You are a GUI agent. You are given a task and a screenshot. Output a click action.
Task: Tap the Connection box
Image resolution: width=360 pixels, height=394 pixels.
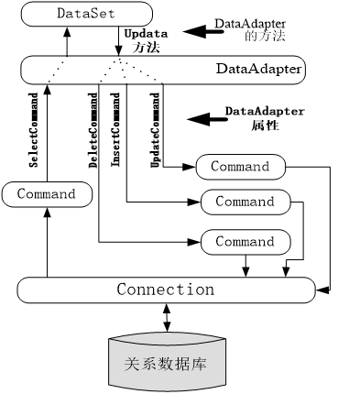[165, 290]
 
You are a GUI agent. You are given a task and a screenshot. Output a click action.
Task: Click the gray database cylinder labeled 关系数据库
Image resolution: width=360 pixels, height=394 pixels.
[166, 362]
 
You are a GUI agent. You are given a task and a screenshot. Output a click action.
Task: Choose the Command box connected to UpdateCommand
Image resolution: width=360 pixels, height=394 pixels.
[240, 167]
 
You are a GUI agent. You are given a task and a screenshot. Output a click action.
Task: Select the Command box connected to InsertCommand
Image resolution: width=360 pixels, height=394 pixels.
[244, 202]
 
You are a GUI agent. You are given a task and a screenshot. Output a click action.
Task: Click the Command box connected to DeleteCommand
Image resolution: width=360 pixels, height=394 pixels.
[244, 242]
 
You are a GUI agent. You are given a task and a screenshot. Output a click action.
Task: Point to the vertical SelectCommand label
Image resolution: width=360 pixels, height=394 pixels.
[34, 128]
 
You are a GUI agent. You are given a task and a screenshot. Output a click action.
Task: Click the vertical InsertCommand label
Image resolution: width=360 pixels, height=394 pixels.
[116, 128]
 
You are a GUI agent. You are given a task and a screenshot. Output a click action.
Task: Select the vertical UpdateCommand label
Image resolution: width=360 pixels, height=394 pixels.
[154, 128]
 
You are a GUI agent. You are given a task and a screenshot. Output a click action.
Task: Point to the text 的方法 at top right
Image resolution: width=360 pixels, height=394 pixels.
[264, 37]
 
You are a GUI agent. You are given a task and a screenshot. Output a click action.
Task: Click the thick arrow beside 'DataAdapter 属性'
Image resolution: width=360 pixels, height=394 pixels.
[203, 118]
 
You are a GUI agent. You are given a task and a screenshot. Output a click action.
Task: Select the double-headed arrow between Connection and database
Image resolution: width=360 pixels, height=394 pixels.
[166, 319]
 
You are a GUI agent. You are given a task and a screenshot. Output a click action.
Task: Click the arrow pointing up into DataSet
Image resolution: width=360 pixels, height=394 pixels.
[67, 40]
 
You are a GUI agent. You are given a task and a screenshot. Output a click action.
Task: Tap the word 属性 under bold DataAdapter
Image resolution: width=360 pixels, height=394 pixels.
[264, 126]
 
